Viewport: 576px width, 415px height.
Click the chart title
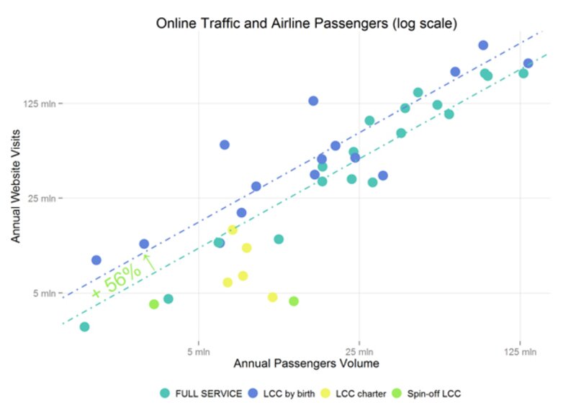pos(307,23)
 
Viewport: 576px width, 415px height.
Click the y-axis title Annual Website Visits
pos(16,186)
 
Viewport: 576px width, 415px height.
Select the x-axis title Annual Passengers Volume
pos(306,364)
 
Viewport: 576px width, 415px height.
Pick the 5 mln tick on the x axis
pos(198,352)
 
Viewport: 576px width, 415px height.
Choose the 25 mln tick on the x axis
pos(359,352)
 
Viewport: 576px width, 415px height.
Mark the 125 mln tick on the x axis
pos(520,352)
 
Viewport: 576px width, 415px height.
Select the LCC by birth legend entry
pos(282,393)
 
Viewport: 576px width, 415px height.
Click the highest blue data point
pos(483,45)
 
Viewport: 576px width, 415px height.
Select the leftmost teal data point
pos(84,327)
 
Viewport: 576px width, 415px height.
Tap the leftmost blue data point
pos(96,260)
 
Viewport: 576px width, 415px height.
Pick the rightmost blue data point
pos(528,63)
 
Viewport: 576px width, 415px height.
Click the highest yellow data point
pos(233,230)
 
